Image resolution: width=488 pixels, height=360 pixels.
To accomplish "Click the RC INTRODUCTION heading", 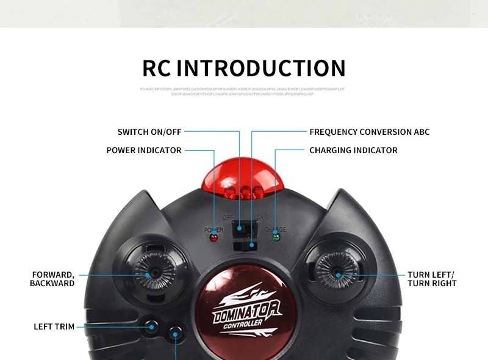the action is point(244,68).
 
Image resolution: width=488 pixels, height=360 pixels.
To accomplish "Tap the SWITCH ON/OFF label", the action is point(149,132).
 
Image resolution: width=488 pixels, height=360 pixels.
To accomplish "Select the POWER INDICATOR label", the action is point(144,150).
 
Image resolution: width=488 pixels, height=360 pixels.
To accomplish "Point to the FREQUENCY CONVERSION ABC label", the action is point(369,132).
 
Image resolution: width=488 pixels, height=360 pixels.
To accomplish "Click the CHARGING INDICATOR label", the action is point(353,150).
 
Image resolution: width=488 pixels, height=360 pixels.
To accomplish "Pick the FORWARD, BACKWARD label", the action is point(52,279).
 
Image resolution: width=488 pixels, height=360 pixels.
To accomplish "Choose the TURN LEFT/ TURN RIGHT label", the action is point(432,279).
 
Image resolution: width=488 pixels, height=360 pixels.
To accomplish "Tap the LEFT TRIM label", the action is point(54,326).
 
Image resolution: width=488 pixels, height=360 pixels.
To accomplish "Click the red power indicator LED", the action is point(213,237).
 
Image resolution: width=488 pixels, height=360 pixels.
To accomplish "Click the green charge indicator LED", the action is point(276,237).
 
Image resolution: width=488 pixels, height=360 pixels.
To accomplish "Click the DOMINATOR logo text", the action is point(246,312).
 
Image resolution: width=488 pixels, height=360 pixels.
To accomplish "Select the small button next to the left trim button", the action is point(176,333).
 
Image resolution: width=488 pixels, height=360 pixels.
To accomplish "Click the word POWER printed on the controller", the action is point(213,229).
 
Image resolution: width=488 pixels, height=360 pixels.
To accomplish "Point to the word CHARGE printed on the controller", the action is point(275,229).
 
